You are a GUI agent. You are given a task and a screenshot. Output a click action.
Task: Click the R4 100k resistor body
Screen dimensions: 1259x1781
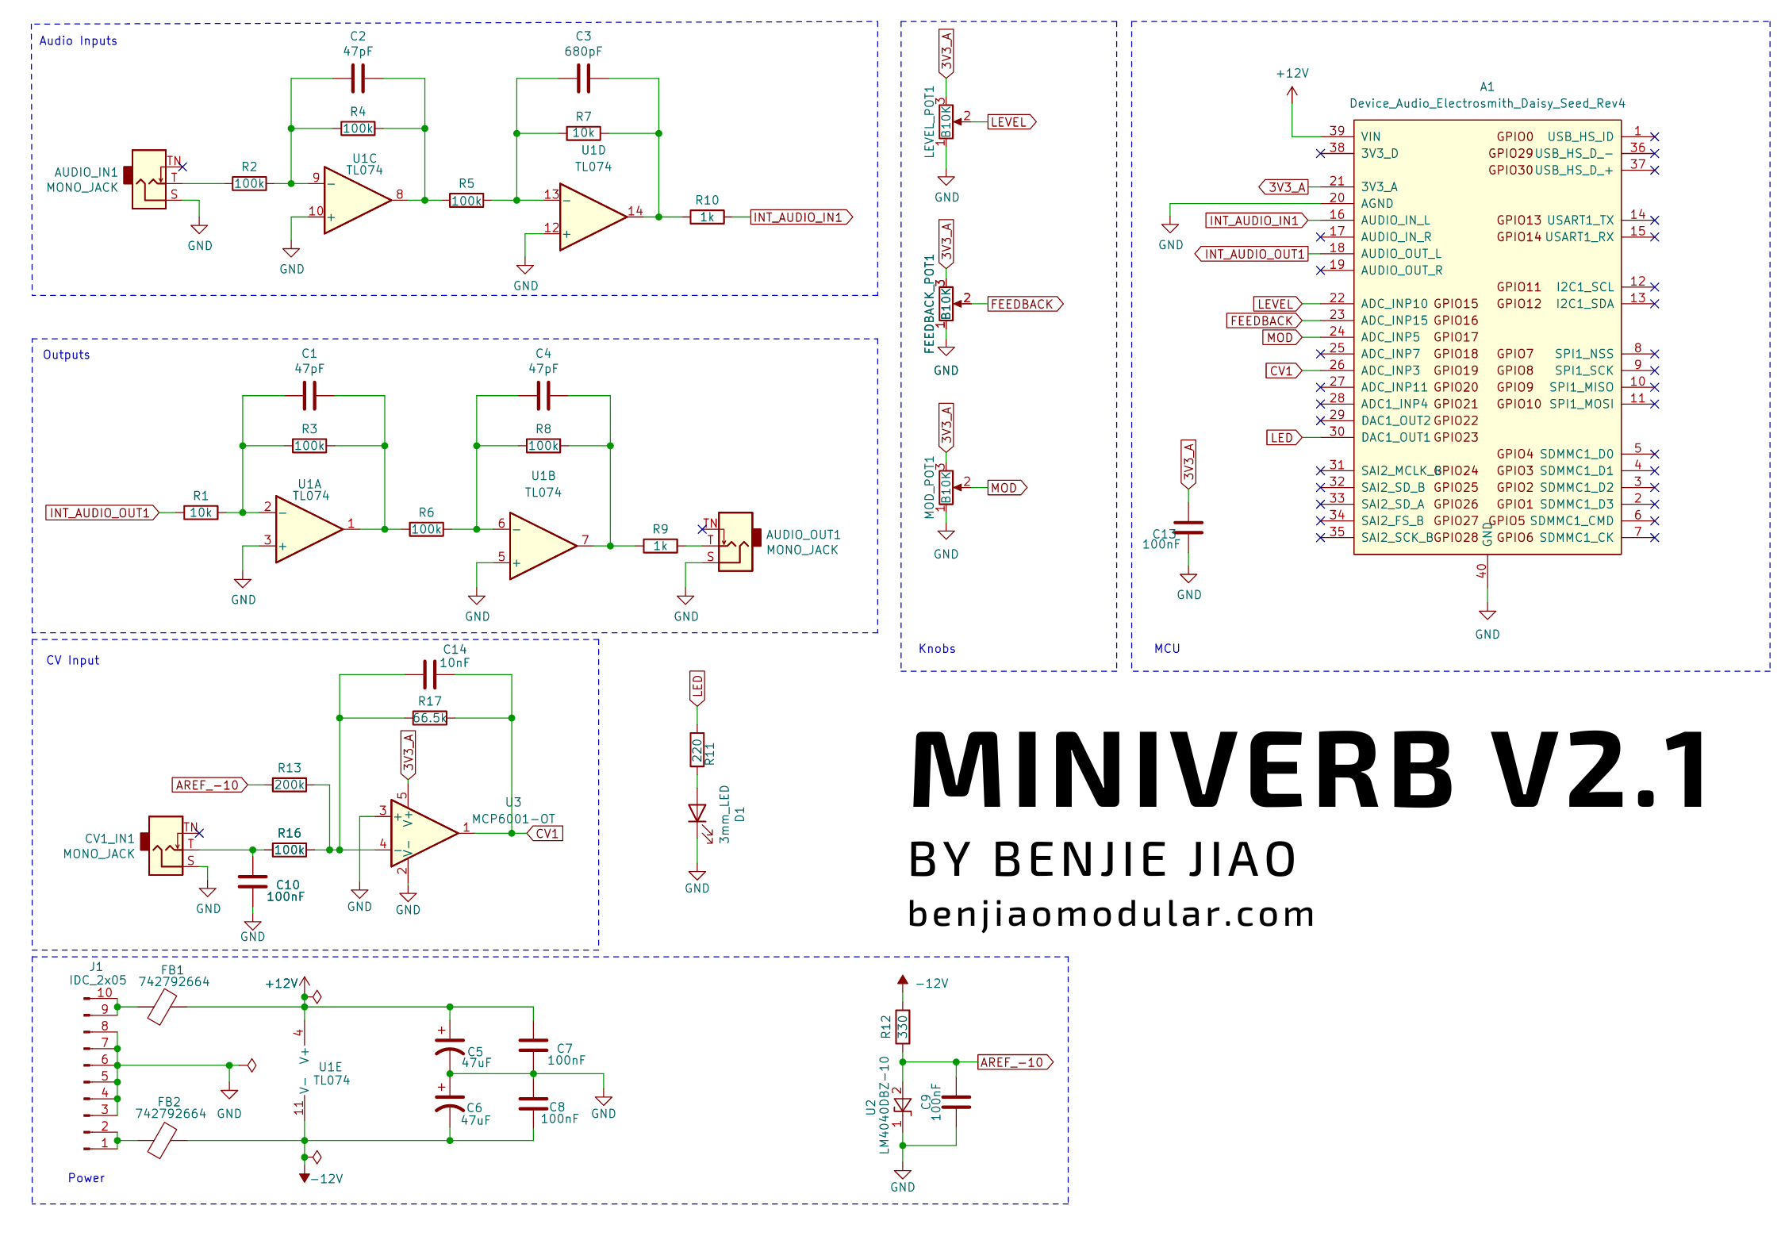click(358, 129)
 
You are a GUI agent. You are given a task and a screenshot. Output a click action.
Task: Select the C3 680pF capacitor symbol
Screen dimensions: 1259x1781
click(583, 79)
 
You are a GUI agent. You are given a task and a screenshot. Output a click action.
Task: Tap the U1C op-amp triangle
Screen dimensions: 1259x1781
click(356, 200)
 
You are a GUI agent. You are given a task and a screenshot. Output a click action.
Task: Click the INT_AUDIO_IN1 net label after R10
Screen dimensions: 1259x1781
click(800, 217)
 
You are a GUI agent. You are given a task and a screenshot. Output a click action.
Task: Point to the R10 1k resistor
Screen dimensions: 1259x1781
click(707, 217)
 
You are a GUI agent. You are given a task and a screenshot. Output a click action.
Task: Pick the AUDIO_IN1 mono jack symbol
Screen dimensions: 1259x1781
click(149, 180)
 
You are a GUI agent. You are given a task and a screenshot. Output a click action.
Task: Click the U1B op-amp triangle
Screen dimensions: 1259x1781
click(540, 545)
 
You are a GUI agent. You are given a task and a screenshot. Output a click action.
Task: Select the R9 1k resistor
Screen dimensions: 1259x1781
click(660, 546)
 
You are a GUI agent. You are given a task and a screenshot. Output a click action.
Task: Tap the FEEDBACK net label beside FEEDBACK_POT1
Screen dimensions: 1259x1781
click(1024, 304)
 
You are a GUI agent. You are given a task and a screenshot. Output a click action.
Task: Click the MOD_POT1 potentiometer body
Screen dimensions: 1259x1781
click(946, 487)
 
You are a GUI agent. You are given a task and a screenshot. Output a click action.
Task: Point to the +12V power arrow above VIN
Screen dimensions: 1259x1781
click(1292, 92)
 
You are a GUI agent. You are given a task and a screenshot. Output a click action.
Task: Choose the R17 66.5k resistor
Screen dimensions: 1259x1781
click(430, 718)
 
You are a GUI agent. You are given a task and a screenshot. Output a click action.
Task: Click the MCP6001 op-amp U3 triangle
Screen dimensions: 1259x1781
click(422, 833)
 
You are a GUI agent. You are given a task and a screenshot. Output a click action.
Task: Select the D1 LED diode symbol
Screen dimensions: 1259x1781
click(697, 814)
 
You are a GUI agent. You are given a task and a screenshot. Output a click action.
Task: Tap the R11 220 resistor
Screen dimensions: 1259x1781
click(697, 750)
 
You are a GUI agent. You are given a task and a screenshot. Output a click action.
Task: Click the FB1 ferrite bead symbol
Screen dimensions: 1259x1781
click(162, 1008)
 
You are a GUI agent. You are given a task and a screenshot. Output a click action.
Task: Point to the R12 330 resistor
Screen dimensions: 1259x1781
click(903, 1027)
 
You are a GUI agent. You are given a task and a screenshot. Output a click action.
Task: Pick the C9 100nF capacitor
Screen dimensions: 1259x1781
click(956, 1102)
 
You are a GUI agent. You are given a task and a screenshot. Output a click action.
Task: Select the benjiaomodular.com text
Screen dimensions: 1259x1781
click(1111, 915)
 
